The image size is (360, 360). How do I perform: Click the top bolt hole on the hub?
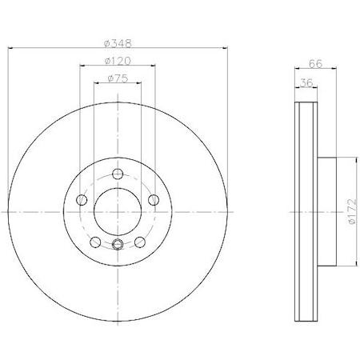[118, 175]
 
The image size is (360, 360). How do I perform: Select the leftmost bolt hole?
[81, 201]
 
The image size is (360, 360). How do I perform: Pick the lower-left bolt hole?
[95, 242]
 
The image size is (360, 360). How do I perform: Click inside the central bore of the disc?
[118, 212]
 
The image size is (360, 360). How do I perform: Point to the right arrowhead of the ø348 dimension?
[227, 47]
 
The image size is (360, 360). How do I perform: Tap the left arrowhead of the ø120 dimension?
[82, 67]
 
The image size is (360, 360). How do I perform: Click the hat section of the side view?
[327, 212]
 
